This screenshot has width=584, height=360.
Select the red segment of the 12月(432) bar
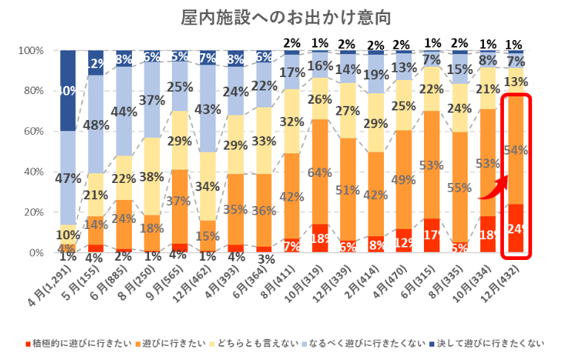pyautogui.click(x=516, y=228)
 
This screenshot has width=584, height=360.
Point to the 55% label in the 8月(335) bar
pyautogui.click(x=459, y=187)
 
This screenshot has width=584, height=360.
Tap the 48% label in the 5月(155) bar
pyautogui.click(x=96, y=125)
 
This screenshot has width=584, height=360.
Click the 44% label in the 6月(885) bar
pyautogui.click(x=125, y=112)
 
